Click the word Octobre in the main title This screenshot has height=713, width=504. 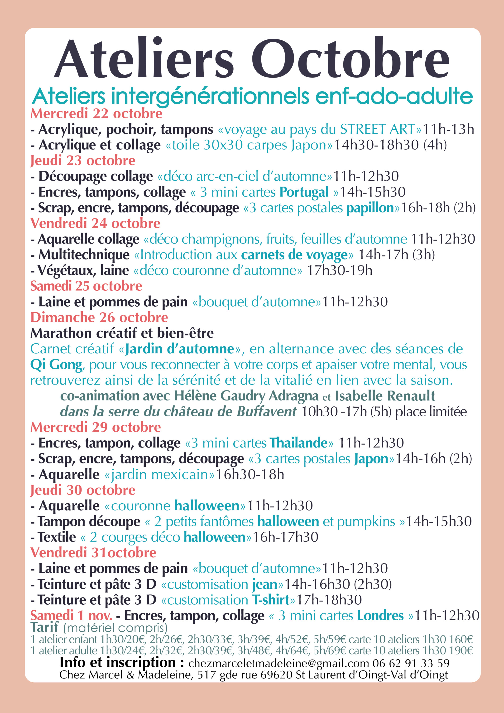point(350,59)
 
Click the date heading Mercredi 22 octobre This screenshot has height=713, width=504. point(96,114)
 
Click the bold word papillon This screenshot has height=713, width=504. point(370,208)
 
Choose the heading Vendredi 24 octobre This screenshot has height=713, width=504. point(95,223)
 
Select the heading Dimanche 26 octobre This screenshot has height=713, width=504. point(99,317)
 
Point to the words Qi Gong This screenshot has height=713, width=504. point(56,365)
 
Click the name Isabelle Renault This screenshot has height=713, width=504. point(385,396)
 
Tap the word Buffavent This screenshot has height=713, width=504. point(266,412)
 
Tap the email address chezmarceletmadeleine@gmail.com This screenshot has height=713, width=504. point(278,663)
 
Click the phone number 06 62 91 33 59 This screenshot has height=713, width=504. point(411,663)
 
